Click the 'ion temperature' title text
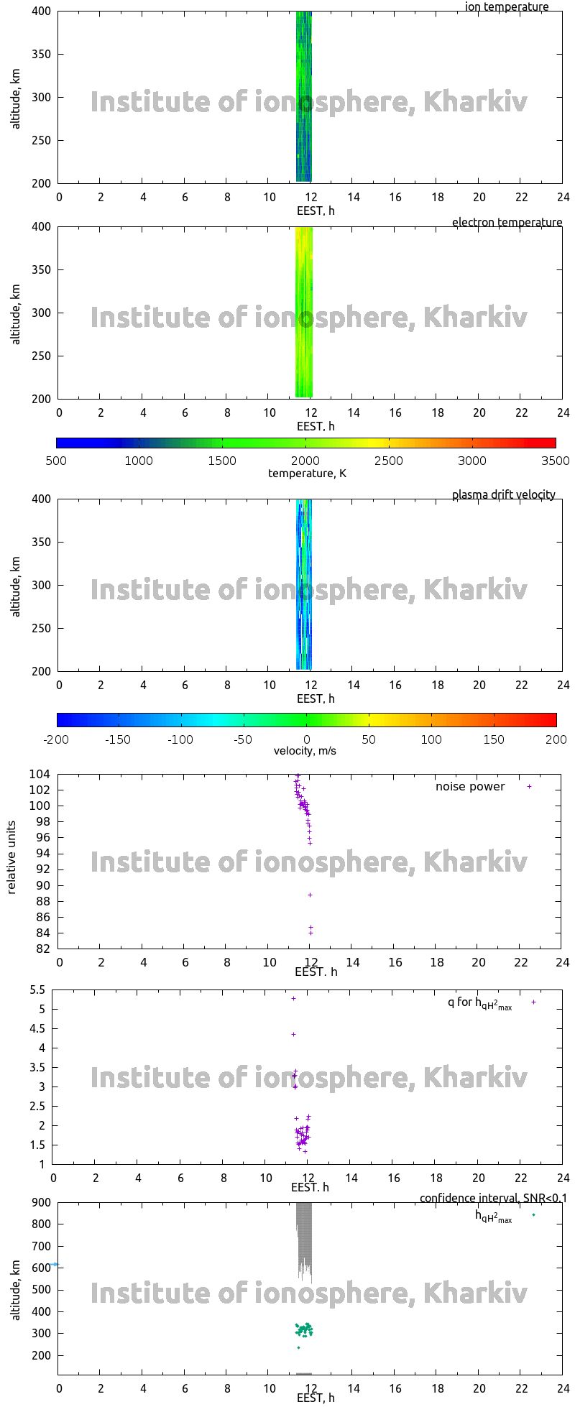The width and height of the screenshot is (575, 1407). [506, 7]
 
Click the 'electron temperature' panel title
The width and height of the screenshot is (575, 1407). [507, 222]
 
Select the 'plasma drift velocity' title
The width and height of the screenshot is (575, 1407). [503, 494]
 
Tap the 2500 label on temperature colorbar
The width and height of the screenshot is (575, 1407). [388, 461]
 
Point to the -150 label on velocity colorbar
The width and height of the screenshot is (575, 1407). [118, 739]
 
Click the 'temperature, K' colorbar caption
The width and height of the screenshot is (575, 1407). [307, 473]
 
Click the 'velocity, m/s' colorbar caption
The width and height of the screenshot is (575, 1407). [305, 751]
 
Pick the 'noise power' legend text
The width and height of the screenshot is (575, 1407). [470, 786]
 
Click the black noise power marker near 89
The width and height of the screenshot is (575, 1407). [310, 895]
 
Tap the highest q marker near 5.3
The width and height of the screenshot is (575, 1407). [293, 998]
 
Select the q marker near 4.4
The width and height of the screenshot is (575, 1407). [293, 1034]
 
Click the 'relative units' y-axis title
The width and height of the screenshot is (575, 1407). [11, 861]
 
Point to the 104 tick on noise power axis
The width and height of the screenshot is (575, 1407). [40, 774]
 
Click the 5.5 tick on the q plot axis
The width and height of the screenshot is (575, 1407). [37, 990]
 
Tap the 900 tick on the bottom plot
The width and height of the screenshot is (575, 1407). [42, 1201]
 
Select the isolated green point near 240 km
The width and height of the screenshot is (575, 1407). [298, 1347]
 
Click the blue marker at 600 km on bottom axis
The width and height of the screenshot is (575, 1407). [55, 1264]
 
